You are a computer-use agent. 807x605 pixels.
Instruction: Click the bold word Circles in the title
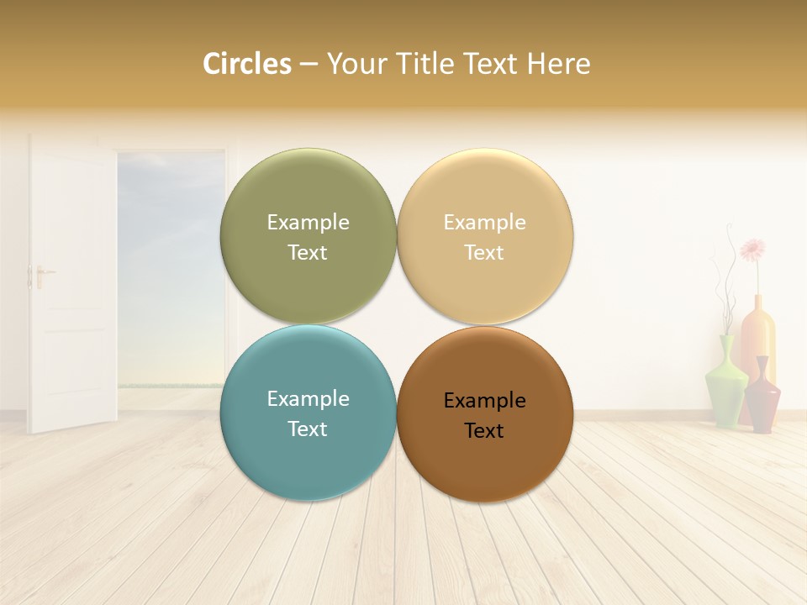tap(246, 64)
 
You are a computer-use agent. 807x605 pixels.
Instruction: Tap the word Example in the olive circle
tap(308, 222)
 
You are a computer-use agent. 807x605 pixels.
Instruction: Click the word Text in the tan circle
tap(484, 253)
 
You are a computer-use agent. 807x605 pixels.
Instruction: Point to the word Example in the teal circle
tap(308, 398)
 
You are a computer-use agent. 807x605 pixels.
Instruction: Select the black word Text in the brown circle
tap(484, 431)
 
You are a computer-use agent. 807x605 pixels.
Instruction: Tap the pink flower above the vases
tap(752, 249)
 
